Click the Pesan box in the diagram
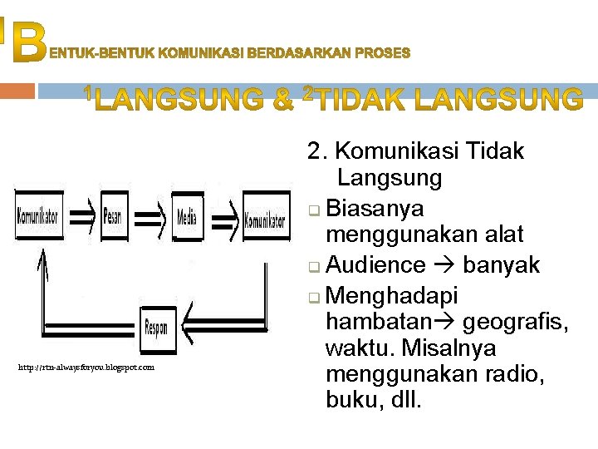pos(114,218)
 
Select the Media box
pos(187,217)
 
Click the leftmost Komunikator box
pos(38,217)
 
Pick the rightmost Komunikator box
pos(265,220)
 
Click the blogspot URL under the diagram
pos(86,367)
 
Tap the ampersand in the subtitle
pos(282,101)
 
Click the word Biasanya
pos(375,208)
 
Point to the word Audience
pos(375,265)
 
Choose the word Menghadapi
pos(392,294)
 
